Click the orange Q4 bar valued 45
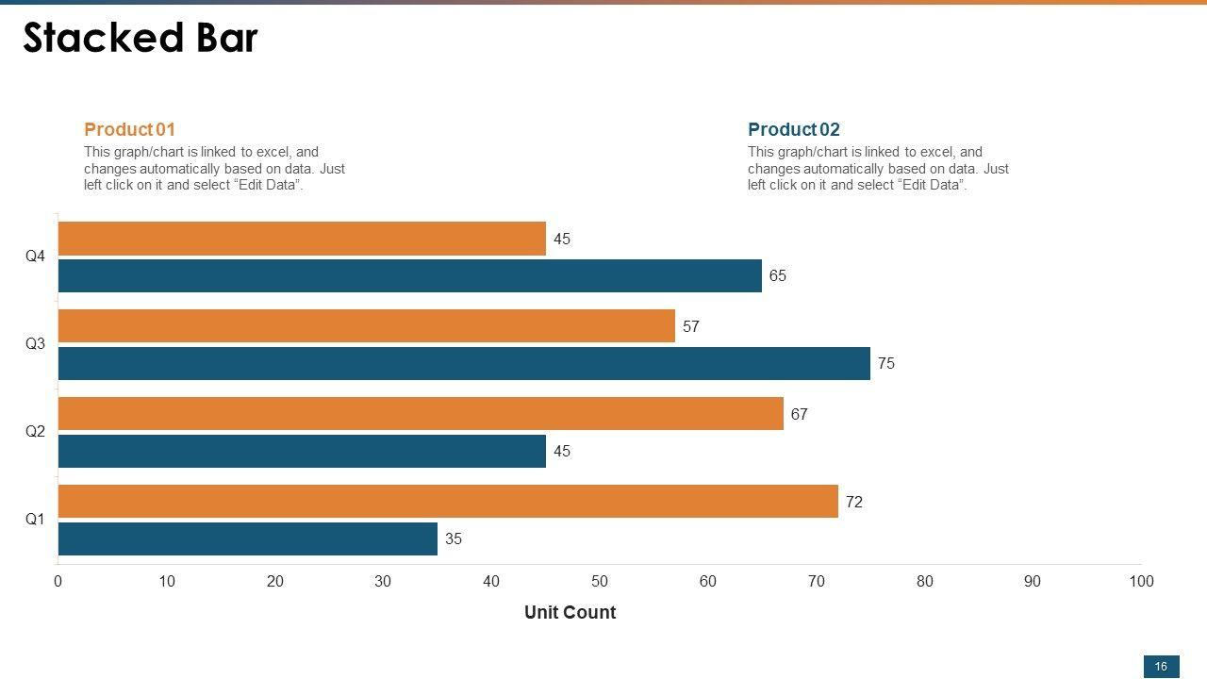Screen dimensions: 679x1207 pos(302,239)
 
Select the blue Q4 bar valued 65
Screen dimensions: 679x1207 pos(410,275)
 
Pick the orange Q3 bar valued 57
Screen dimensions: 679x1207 pos(367,326)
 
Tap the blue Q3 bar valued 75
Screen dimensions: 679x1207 pos(464,363)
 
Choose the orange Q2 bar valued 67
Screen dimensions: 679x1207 pos(421,414)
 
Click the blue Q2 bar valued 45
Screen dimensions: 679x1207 pos(302,451)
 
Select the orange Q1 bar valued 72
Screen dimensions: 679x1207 pos(448,502)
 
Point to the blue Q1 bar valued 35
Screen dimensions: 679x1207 pos(248,538)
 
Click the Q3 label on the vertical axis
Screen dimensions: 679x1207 pos(35,344)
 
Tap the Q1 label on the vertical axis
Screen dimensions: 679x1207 pos(35,520)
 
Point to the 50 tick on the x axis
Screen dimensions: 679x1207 pos(600,581)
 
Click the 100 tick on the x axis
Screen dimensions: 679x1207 pos(1141,581)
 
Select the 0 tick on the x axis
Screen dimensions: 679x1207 pos(58,581)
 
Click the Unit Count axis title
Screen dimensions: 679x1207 pos(570,612)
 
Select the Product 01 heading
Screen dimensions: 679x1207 pos(129,129)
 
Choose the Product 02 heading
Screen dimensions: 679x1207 pos(793,129)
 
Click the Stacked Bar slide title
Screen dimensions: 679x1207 pos(140,39)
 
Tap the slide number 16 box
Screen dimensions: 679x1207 pos(1161,666)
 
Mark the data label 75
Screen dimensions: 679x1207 pos(885,363)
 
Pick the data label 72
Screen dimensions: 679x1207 pos(853,502)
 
